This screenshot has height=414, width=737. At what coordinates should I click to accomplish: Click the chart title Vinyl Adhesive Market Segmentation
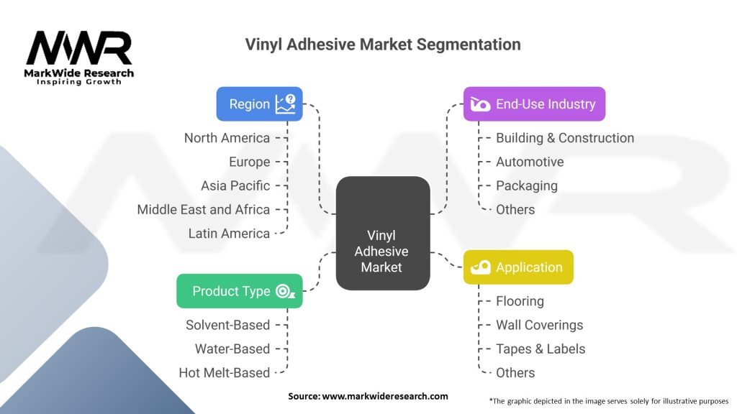(383, 44)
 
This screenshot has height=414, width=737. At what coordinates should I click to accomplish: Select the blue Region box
(259, 104)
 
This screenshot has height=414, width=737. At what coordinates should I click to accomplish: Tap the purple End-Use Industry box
(533, 104)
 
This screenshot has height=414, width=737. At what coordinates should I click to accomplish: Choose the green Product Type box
(239, 291)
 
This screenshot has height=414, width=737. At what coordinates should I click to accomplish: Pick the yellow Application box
(517, 267)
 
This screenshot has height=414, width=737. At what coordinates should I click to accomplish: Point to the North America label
(227, 138)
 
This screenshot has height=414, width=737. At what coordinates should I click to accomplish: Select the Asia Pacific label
(235, 185)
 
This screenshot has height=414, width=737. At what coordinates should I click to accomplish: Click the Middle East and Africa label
(204, 209)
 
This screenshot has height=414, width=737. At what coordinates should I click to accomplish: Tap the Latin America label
(229, 233)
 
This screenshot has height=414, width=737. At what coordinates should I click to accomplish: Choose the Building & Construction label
(565, 138)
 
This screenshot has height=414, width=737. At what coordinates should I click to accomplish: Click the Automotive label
(530, 162)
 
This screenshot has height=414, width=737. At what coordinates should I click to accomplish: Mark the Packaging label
(526, 185)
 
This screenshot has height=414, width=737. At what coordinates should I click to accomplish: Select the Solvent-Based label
(227, 325)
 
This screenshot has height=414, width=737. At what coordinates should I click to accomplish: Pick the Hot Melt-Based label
(225, 372)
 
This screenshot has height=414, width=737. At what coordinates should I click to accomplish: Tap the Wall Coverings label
(539, 325)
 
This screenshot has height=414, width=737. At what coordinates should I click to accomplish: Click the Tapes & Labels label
(541, 349)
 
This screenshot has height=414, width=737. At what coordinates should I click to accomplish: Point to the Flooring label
(520, 301)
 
